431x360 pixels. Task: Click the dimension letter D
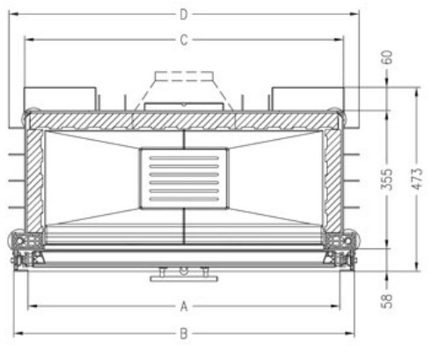184,14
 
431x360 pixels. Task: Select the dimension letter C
184,40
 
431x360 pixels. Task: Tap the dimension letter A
184,306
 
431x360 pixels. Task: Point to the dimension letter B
184,334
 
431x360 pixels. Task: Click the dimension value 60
386,57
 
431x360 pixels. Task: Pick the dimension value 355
386,179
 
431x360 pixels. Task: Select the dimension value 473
417,179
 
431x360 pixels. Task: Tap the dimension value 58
386,301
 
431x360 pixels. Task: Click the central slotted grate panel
184,179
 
